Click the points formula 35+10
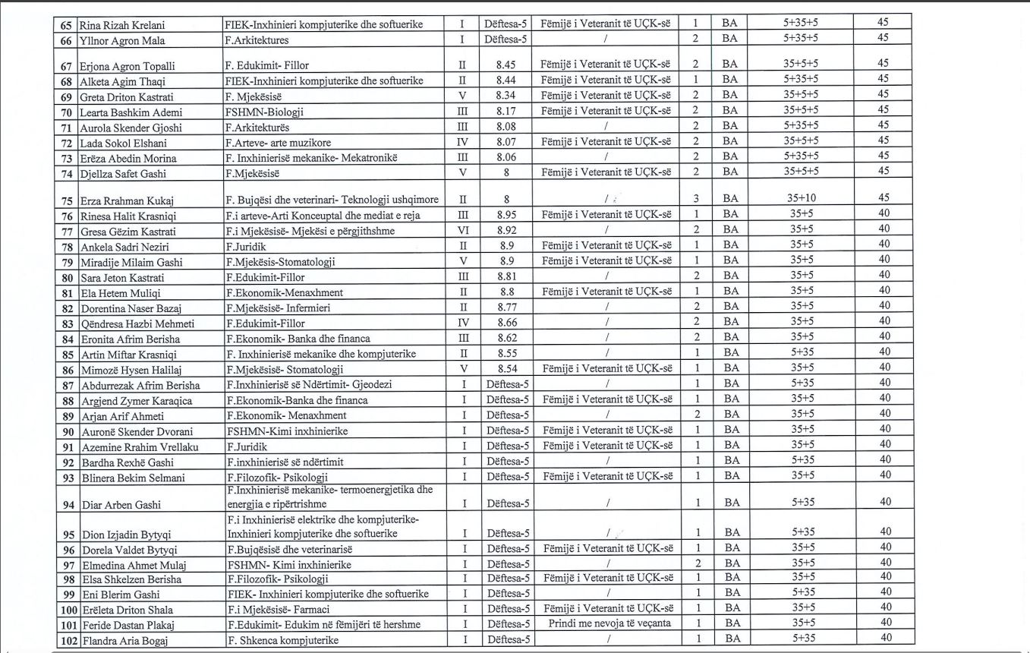800,199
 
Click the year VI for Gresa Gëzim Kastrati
462,231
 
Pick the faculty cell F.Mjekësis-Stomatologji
280,262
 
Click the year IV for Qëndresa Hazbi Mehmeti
462,323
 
